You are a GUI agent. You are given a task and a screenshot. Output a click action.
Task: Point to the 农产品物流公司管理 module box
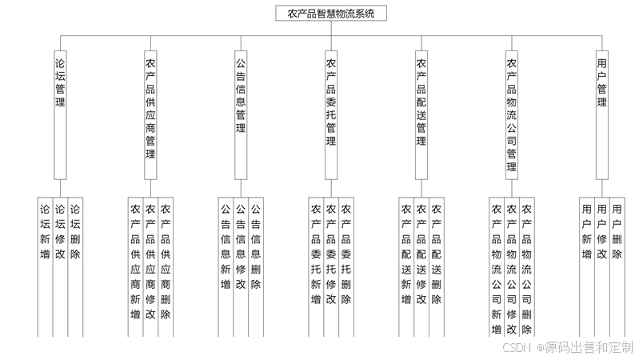(512, 112)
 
